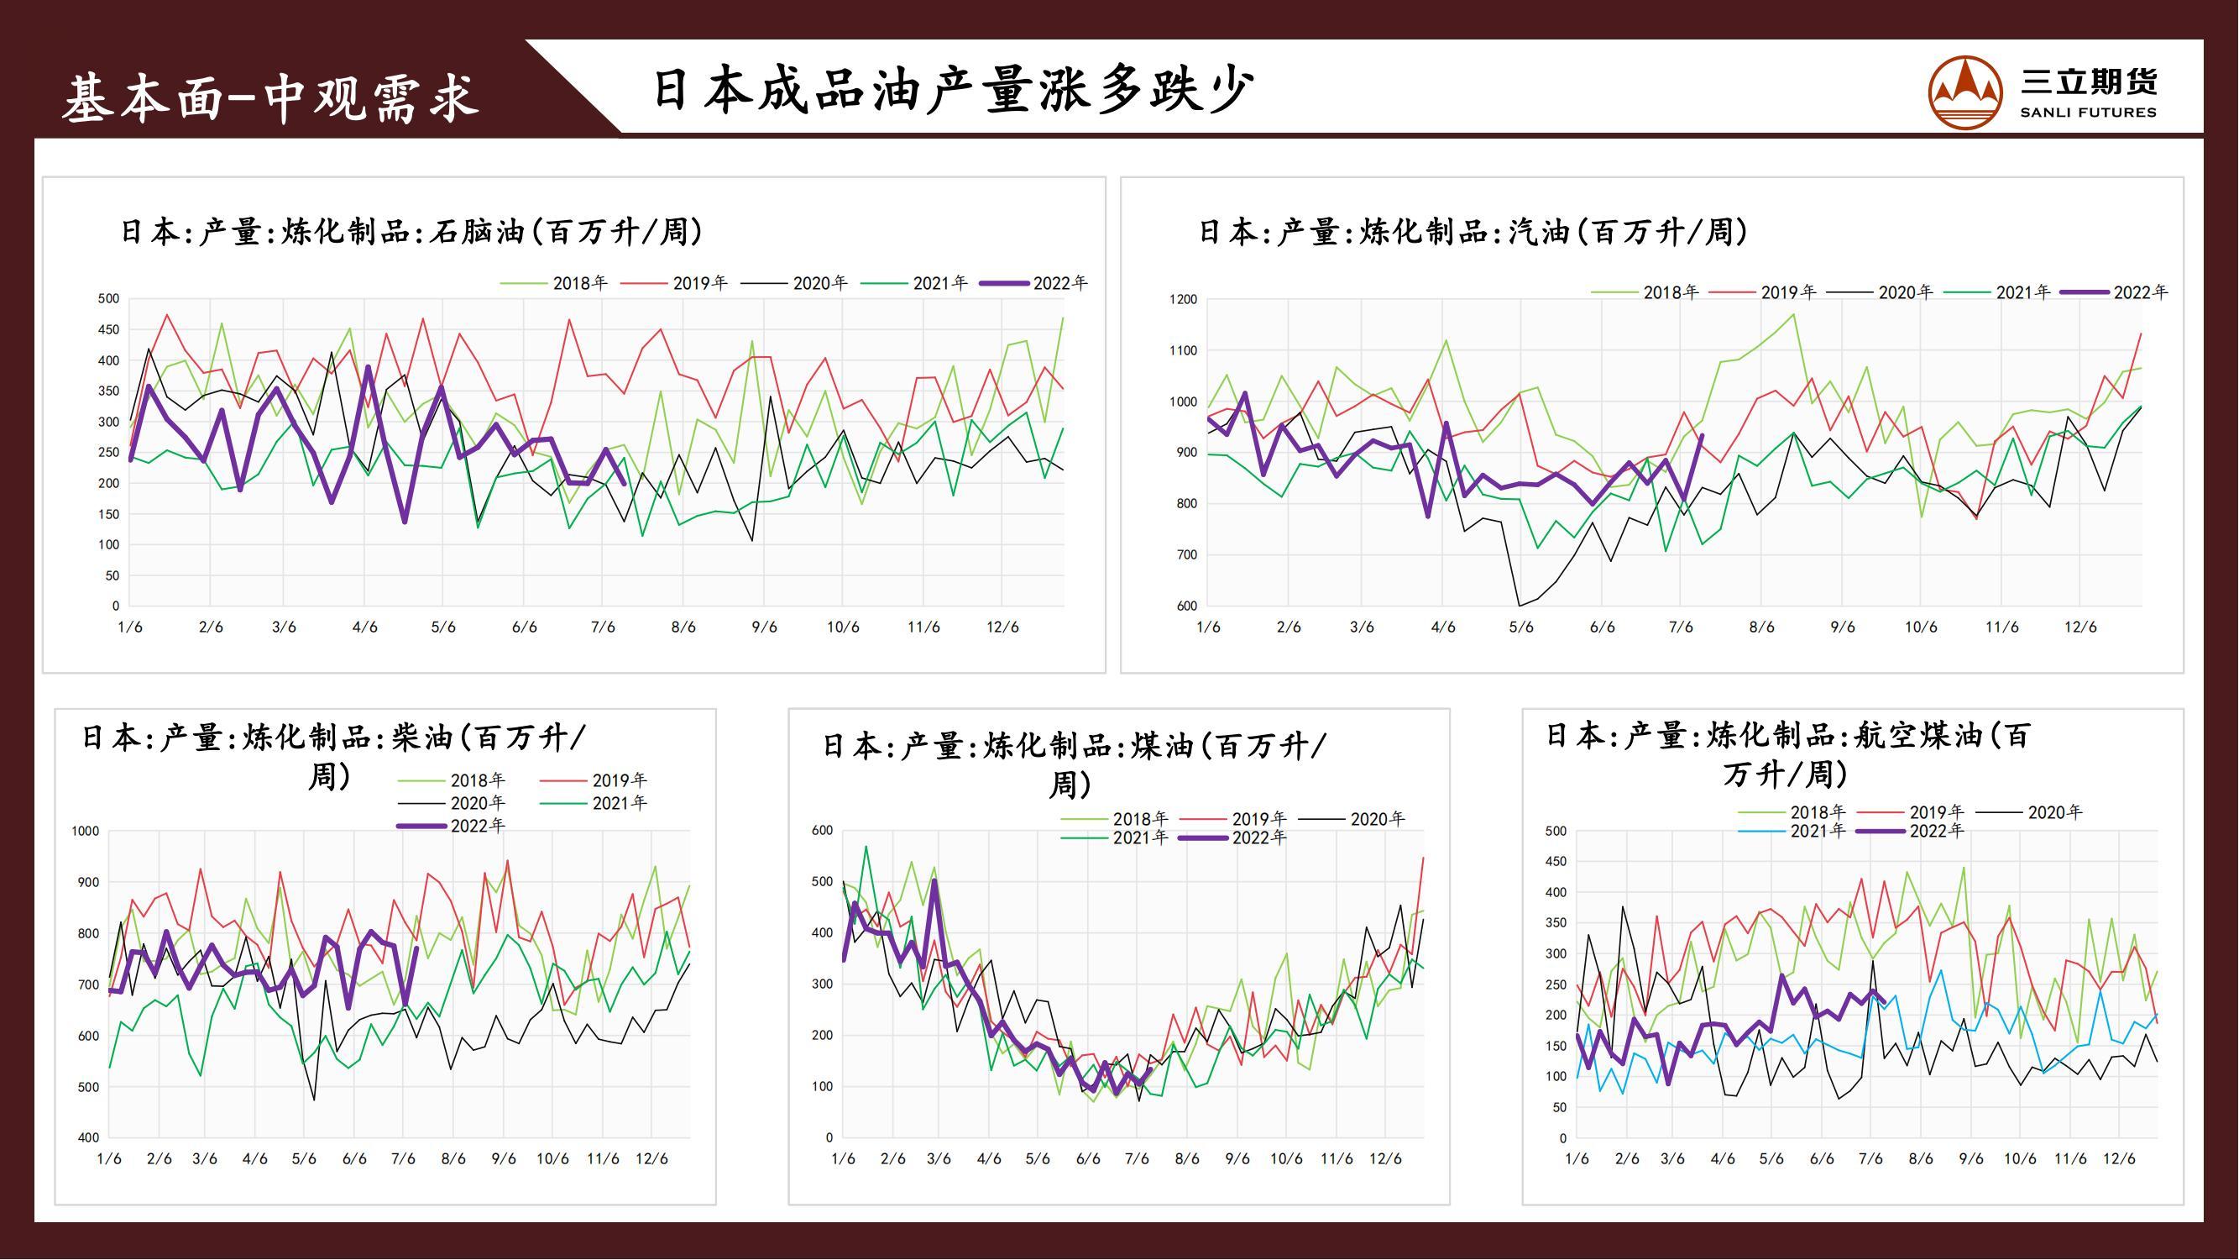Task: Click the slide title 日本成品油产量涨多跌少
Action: click(954, 91)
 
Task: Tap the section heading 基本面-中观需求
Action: click(270, 97)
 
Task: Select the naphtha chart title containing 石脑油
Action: click(411, 232)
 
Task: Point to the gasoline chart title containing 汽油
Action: click(1473, 232)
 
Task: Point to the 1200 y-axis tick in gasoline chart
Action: click(1183, 300)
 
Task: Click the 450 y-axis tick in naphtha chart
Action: click(108, 330)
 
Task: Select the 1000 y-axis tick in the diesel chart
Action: click(85, 832)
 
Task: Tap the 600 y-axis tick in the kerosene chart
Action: click(822, 831)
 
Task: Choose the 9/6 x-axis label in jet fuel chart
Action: click(1970, 1159)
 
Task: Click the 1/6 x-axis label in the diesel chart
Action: click(109, 1159)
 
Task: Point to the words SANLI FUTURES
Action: click(2088, 113)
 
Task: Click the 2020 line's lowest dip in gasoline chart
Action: click(1520, 605)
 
